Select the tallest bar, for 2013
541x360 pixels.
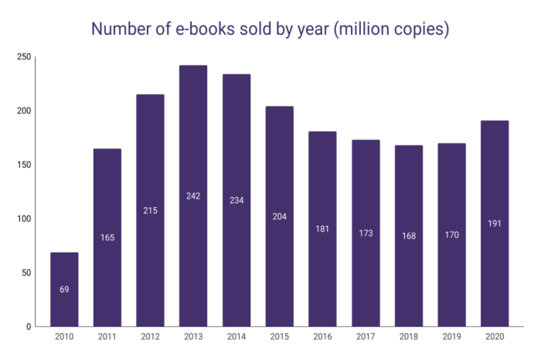tap(193, 155)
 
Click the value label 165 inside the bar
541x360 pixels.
tap(107, 237)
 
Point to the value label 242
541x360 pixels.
tap(193, 196)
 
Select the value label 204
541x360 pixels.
tap(279, 216)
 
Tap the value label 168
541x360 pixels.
tap(408, 236)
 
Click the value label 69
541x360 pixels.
tap(64, 290)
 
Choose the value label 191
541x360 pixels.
tap(495, 223)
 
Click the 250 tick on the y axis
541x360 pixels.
tap(23, 57)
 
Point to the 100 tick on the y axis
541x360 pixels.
tap(23, 219)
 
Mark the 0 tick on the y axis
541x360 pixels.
tap(28, 327)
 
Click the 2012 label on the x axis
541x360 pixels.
tap(150, 338)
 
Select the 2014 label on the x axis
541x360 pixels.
tap(236, 338)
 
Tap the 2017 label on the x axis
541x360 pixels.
tap(366, 338)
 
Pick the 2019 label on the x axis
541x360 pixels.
tap(451, 338)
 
